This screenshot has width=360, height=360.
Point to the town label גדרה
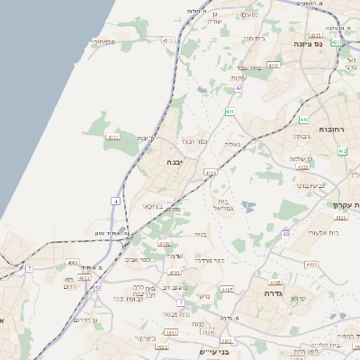274,293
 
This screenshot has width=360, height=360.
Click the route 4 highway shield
116,201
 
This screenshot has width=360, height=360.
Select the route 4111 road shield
113,137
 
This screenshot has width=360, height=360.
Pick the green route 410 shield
304,119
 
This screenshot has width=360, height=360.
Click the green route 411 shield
230,112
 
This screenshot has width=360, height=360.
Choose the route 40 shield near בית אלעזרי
285,234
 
